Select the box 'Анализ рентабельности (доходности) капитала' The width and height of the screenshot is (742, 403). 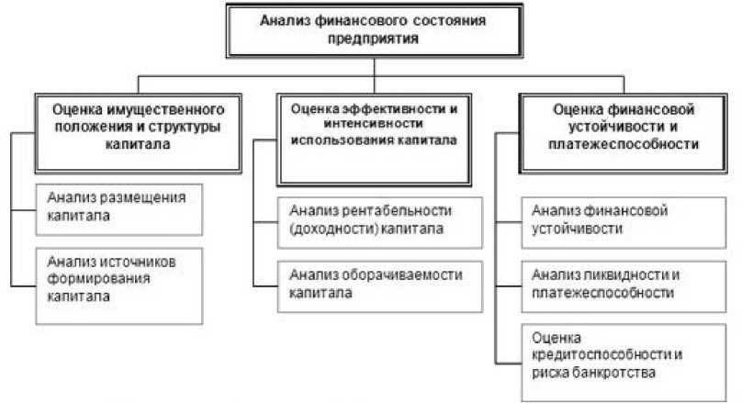click(369, 221)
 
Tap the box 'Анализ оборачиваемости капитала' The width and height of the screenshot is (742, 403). click(369, 284)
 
